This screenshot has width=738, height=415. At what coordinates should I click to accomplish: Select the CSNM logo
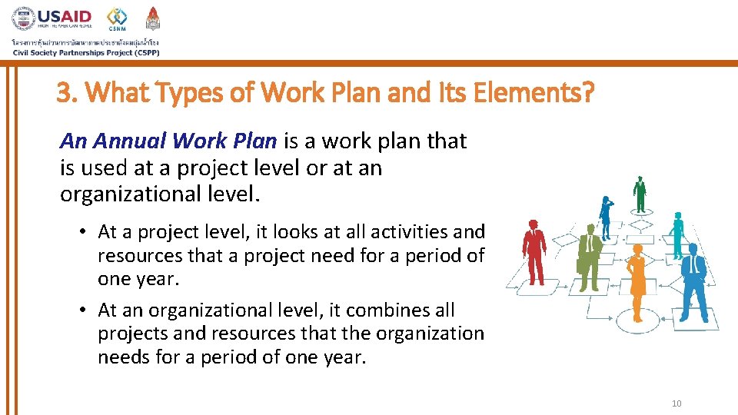[117, 18]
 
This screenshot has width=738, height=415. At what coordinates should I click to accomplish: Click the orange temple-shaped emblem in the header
[154, 18]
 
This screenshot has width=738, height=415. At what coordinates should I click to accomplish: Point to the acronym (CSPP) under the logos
[141, 53]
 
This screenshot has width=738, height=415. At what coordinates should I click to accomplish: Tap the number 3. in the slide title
[68, 93]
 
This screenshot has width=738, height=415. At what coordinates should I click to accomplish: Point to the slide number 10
[676, 404]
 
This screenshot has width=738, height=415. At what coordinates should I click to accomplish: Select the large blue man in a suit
[693, 276]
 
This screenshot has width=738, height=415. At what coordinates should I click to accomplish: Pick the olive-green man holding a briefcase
[588, 257]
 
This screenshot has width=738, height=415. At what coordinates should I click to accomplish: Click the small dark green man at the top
[639, 194]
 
